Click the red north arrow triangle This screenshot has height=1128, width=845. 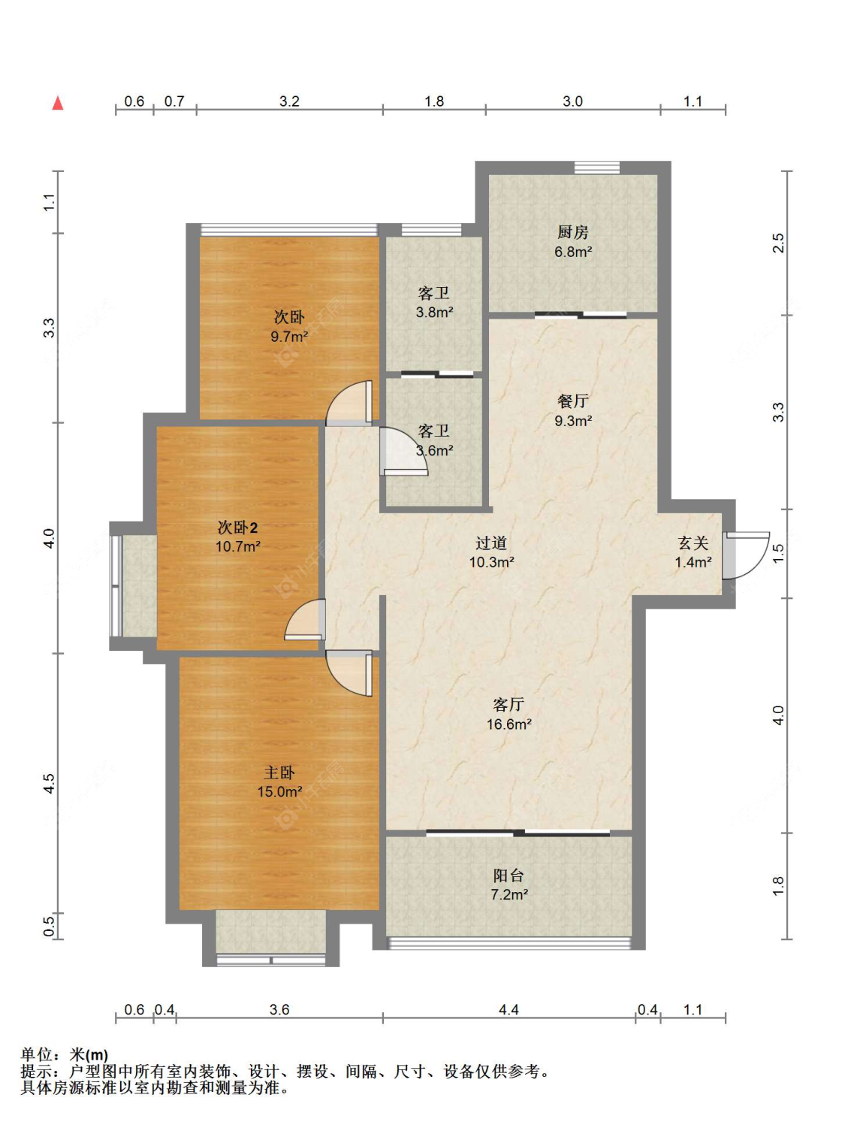point(58,103)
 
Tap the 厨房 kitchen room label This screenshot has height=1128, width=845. point(572,232)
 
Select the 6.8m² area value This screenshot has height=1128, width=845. point(573,252)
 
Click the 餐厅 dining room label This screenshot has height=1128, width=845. point(573,401)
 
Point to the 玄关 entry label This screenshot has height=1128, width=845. point(693,543)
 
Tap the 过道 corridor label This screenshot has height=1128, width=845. point(491,543)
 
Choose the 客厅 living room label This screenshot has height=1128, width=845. point(509,704)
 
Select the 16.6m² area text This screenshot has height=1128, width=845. point(509,724)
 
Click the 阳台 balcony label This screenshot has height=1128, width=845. point(509,875)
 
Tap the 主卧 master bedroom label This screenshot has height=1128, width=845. point(279,773)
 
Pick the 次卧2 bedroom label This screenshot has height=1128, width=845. point(237,528)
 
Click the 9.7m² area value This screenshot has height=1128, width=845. point(289,337)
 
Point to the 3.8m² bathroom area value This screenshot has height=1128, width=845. point(434,313)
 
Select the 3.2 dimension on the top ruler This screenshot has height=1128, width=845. point(289,101)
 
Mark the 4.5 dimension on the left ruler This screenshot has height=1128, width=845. point(49,784)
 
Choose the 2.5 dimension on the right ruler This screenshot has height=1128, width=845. point(779,243)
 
